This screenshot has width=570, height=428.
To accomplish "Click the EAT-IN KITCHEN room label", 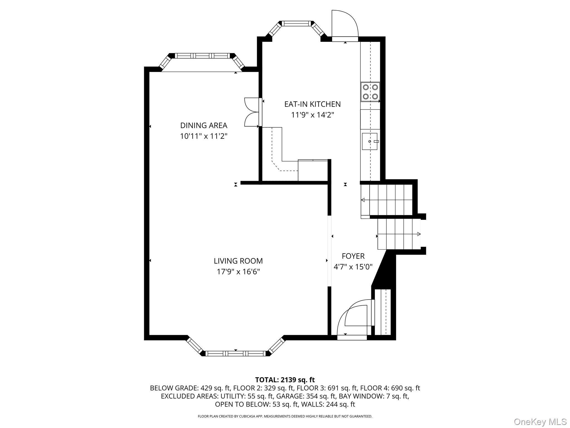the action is [x=312, y=104].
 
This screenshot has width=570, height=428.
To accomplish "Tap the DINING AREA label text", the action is [x=204, y=125].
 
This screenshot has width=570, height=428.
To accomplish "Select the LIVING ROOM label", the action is [x=238, y=261].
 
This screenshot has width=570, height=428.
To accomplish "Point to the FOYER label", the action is [x=353, y=256].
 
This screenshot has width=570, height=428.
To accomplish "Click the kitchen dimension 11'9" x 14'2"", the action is [x=312, y=115].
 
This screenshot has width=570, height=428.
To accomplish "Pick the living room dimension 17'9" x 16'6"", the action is [x=238, y=272].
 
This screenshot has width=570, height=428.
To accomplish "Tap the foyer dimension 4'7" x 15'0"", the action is [x=353, y=267].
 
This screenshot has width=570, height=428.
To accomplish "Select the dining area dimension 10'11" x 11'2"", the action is [x=204, y=136].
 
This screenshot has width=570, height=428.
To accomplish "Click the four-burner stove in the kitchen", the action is [x=370, y=92].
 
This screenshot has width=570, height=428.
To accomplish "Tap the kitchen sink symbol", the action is [x=370, y=142].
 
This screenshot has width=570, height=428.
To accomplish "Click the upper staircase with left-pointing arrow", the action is [x=387, y=200].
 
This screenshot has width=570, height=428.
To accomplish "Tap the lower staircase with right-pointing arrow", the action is [x=399, y=234].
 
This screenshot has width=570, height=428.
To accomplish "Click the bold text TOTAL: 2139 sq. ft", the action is [x=285, y=380].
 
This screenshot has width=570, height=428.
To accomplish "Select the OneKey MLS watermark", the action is [x=540, y=422].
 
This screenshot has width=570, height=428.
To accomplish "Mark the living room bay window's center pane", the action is [x=236, y=354].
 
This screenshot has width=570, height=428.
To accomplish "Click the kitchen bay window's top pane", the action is [x=297, y=24].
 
